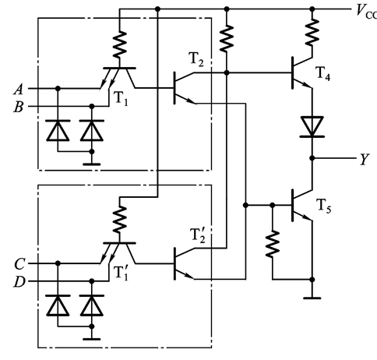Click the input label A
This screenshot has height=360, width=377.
[19, 90]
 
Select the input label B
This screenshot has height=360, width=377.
[19, 107]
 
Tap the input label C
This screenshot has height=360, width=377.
[19, 264]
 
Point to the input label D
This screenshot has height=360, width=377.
[19, 282]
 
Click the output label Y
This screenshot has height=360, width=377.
[365, 159]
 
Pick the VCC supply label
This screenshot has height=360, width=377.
[367, 12]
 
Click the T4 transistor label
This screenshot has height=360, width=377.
[323, 74]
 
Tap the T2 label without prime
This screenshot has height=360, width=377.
[197, 60]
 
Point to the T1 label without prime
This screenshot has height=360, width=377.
[121, 99]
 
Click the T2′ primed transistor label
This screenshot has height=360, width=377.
[198, 235]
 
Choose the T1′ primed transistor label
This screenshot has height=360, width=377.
[121, 274]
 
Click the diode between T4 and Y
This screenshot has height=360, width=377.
[312, 127]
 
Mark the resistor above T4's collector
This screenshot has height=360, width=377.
[312, 33]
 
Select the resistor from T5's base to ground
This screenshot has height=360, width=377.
[273, 244]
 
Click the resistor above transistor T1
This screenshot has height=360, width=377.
[119, 44]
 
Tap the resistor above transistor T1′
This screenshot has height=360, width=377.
[119, 220]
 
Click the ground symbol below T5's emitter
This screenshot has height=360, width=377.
[312, 298]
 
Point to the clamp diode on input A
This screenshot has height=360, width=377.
[58, 131]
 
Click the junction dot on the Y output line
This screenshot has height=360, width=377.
[312, 158]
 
